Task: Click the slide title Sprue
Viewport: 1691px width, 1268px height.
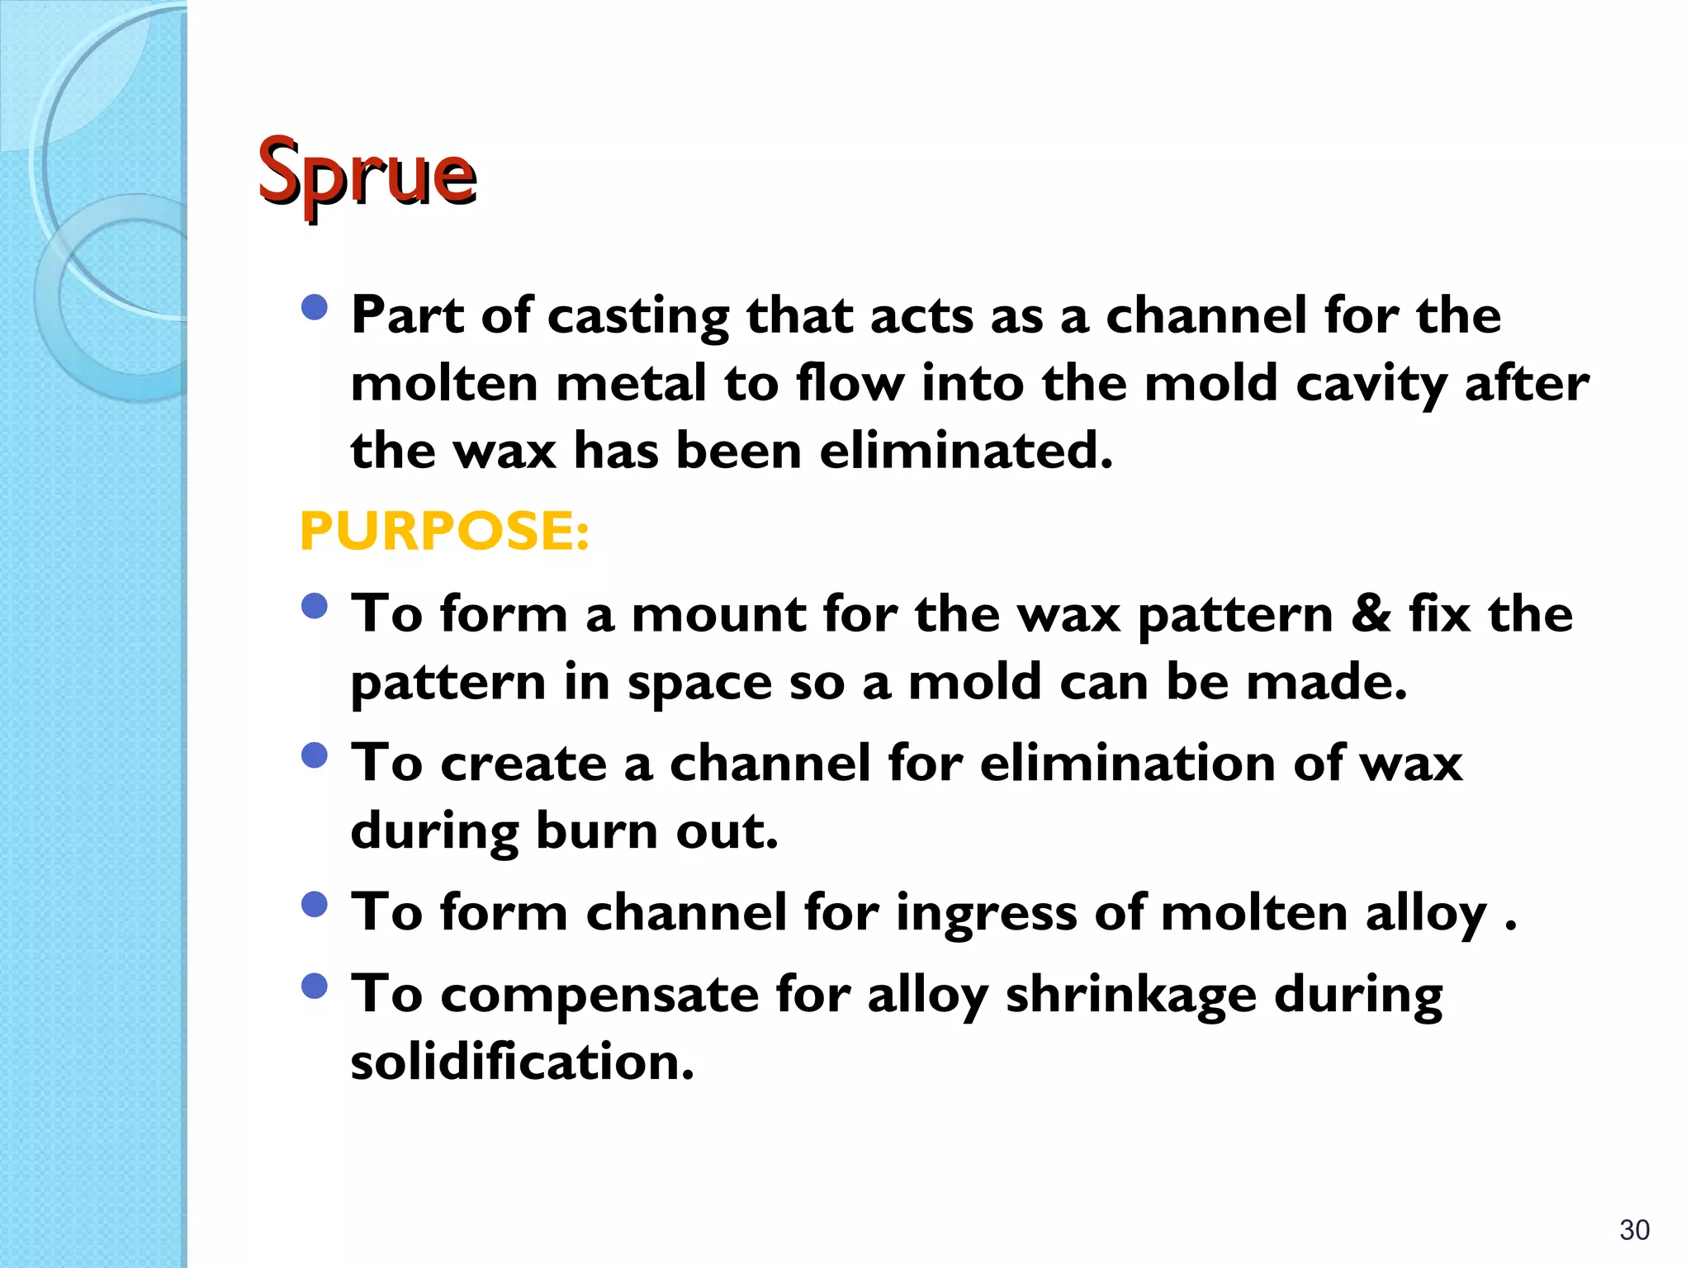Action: coord(367,172)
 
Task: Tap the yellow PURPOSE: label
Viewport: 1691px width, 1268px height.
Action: coord(444,530)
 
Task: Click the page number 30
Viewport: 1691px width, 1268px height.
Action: coord(1634,1230)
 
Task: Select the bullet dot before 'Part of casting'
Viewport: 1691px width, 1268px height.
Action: coord(315,309)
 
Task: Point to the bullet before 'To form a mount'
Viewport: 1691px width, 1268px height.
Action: coord(315,608)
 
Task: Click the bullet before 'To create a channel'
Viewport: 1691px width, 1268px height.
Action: coord(315,756)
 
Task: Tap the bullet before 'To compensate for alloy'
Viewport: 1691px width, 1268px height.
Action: coord(315,986)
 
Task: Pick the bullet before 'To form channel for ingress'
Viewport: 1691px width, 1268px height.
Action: coord(315,906)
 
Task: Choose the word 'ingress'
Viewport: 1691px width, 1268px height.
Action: coord(987,914)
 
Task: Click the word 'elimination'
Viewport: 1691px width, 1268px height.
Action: coord(1127,763)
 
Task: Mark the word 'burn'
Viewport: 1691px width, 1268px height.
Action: coord(596,830)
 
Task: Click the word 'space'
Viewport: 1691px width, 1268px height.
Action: coord(699,684)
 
